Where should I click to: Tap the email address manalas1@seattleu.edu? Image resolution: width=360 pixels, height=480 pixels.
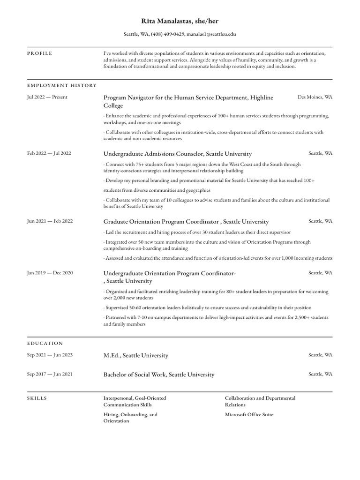click(211, 34)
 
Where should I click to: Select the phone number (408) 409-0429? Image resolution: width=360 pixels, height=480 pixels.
click(167, 34)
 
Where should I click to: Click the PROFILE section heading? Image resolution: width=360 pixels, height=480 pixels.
click(40, 53)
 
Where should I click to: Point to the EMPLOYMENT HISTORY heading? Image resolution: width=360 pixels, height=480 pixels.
click(62, 86)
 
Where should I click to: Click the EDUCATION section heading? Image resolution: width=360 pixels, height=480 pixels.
click(45, 344)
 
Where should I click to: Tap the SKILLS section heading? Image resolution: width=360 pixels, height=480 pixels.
click(37, 398)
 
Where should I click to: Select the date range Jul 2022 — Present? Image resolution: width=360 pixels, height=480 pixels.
click(47, 97)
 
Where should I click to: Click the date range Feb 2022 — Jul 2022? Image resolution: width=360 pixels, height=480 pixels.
click(49, 153)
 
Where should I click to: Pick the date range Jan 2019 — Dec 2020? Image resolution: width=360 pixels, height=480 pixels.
click(50, 273)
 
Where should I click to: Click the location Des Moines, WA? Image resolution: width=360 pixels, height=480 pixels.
click(315, 97)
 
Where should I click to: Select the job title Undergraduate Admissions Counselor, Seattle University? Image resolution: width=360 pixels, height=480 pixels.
click(177, 154)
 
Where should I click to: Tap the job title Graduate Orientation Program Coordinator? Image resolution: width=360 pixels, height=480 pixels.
click(161, 222)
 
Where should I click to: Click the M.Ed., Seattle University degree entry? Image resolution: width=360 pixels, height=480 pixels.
click(135, 355)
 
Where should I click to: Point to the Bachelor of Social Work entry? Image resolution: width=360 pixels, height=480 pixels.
click(158, 375)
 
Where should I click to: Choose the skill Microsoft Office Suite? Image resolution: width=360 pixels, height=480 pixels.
click(249, 414)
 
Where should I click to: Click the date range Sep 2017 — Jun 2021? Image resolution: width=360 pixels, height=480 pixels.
click(50, 374)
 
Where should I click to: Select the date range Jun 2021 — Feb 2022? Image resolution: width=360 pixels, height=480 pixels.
click(50, 221)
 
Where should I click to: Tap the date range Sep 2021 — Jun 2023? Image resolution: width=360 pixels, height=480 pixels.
click(50, 355)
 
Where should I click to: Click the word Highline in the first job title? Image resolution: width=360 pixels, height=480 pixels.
click(262, 97)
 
